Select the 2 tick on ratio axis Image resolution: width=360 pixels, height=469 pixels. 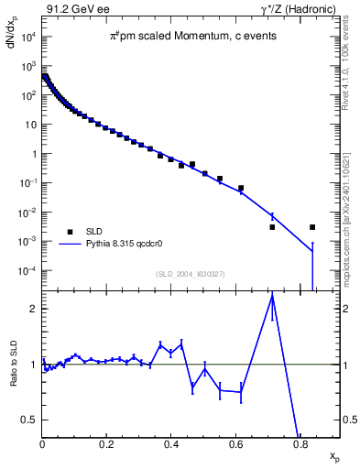pos(34,309)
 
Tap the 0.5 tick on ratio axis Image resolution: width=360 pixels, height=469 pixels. pos(29,420)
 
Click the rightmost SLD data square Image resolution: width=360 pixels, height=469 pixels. pos(312,227)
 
